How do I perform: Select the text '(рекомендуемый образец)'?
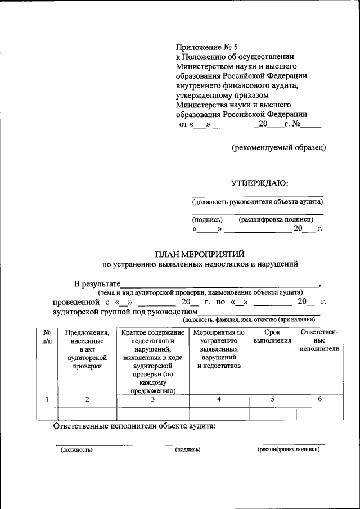279,147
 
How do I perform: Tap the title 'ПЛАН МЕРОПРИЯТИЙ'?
200,253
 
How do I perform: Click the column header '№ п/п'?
47,337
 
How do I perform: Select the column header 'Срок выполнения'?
272,337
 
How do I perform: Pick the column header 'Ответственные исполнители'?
319,341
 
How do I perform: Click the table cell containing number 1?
47,400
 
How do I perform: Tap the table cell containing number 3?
152,400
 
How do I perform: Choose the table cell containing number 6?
319,399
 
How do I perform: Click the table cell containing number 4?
219,399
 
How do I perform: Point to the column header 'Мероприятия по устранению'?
219,349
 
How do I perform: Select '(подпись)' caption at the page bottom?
187,450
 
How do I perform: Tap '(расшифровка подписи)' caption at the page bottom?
288,450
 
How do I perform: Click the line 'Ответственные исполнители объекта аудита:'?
134,427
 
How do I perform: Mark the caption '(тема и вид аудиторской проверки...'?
200,292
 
